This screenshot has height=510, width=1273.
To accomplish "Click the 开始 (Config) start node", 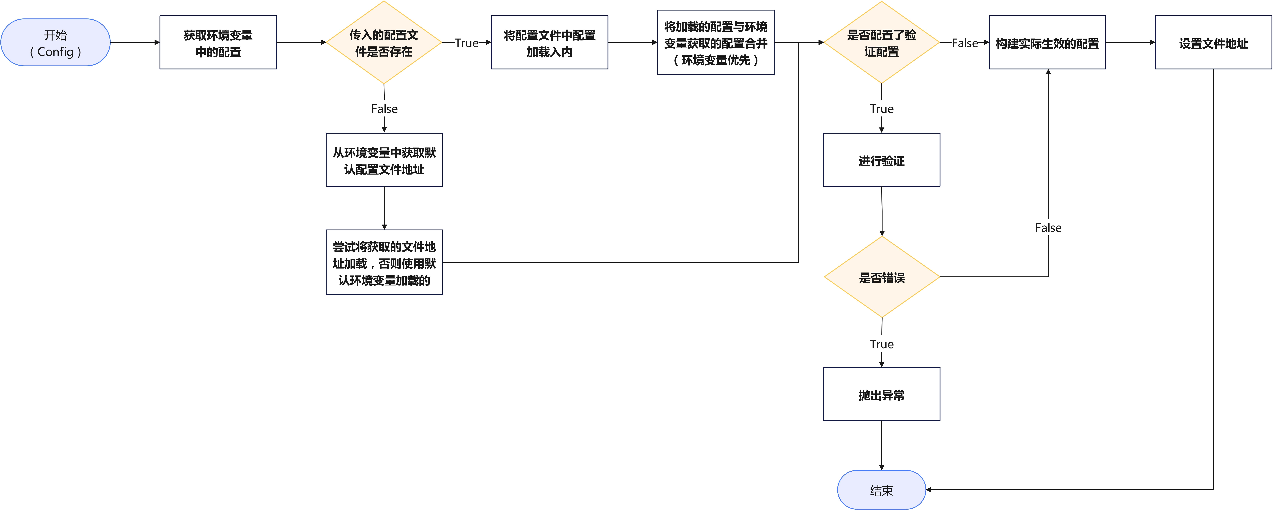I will [x=55, y=42].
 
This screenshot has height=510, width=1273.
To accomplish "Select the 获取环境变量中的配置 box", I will [x=218, y=42].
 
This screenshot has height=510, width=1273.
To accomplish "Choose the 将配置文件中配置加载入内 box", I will [x=549, y=42].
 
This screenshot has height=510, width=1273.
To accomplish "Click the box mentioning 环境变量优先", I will [x=715, y=42].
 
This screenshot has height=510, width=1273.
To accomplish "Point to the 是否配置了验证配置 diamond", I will [x=881, y=42].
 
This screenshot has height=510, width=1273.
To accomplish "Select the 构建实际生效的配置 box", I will [x=1047, y=42].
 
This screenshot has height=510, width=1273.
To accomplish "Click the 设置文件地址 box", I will [x=1213, y=42].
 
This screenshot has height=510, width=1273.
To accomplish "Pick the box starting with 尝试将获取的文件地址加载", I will [x=384, y=262].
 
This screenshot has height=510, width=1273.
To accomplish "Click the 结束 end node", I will [x=881, y=490].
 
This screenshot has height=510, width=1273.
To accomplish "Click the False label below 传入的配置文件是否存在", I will [x=384, y=109].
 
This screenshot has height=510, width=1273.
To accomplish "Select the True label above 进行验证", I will [x=881, y=109].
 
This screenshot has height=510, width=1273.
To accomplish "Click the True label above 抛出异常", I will [x=881, y=344].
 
